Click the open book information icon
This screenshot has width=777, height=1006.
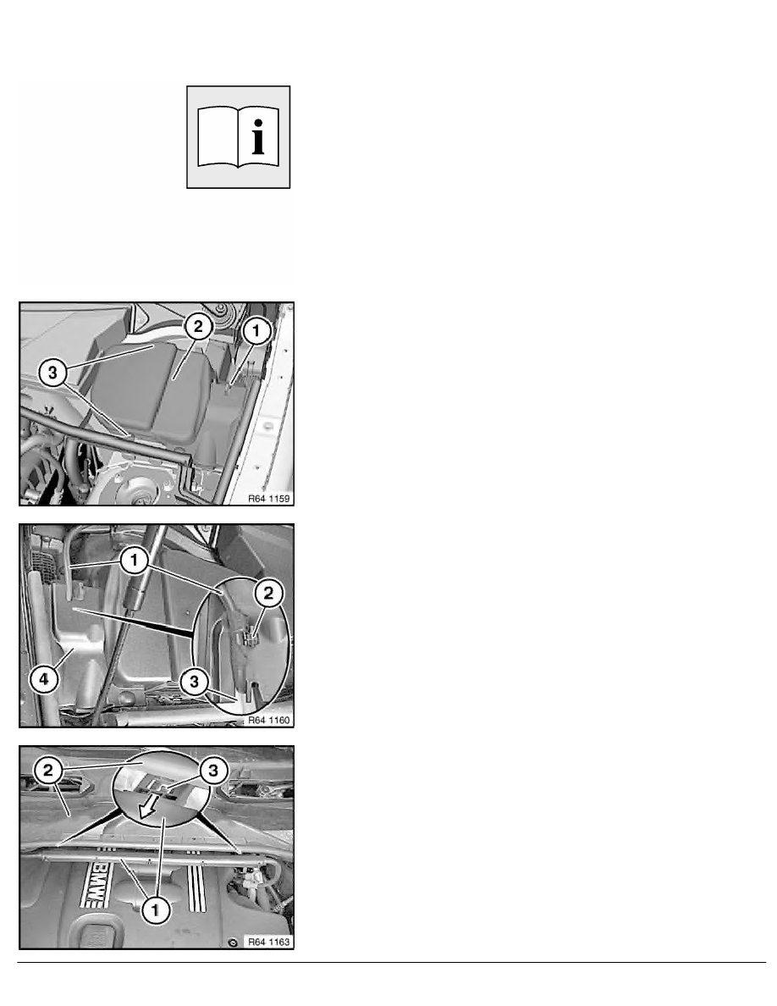click(238, 136)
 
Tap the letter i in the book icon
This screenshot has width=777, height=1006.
click(258, 136)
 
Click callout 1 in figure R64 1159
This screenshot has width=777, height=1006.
click(256, 331)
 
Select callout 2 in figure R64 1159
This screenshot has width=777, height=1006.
click(198, 327)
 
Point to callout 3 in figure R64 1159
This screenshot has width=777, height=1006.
click(52, 372)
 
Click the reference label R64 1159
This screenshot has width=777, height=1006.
click(269, 499)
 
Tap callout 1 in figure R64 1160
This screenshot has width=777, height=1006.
click(134, 560)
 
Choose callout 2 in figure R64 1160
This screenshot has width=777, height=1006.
click(268, 593)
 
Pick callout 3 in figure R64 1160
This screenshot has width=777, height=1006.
click(195, 682)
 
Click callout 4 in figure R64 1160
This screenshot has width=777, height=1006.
click(44, 679)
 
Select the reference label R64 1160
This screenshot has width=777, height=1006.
click(269, 721)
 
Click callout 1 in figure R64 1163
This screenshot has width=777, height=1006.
click(155, 909)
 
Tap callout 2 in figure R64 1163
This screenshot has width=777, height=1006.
click(48, 770)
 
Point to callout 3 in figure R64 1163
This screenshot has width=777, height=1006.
click(213, 770)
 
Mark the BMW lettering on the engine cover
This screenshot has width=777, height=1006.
click(96, 885)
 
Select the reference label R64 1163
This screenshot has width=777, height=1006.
click(269, 942)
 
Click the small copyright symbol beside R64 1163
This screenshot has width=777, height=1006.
click(234, 942)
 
